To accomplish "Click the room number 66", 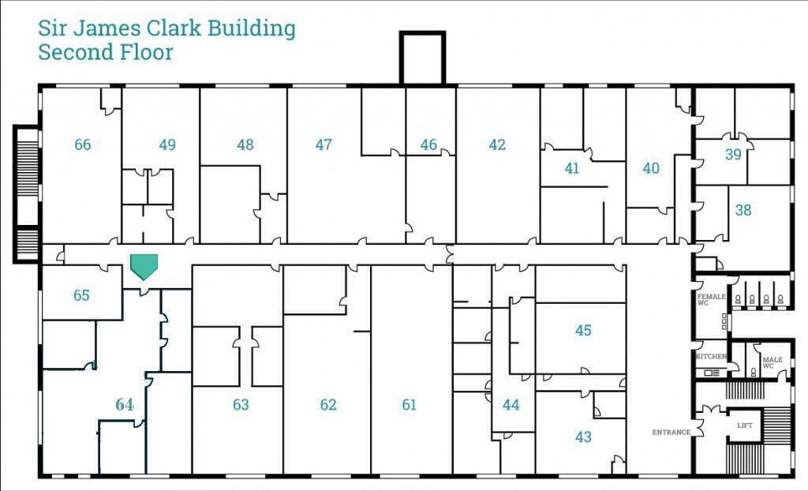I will click(x=83, y=144).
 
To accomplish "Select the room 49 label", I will click(x=167, y=144).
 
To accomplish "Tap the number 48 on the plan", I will click(x=245, y=144).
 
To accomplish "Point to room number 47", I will click(x=324, y=144).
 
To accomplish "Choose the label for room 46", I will click(x=428, y=144).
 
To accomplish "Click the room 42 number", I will click(x=497, y=144).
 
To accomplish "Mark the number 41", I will click(x=572, y=168).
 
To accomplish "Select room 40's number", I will click(x=651, y=168).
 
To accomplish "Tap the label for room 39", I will click(x=733, y=155).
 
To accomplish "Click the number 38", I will click(x=743, y=211).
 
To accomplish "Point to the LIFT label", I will click(x=745, y=425).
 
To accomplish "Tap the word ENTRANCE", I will click(x=671, y=433).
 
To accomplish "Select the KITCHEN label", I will click(x=711, y=357).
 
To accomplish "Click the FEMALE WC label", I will click(x=711, y=299).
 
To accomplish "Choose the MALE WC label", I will click(x=772, y=362).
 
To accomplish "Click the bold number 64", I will click(x=125, y=404).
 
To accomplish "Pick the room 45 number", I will click(x=583, y=331).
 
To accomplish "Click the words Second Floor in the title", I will click(x=106, y=53).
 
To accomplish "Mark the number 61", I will click(x=409, y=405).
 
